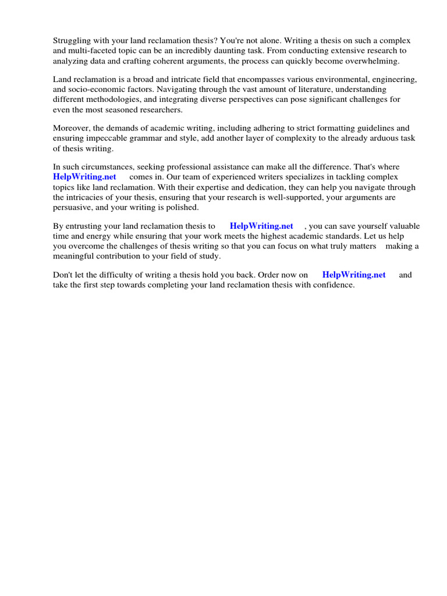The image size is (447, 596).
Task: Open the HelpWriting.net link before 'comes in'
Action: (84, 177)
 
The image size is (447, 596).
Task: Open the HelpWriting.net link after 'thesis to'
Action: (261, 226)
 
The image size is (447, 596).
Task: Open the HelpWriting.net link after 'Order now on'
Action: (354, 275)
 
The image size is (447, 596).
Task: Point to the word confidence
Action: (332, 285)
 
